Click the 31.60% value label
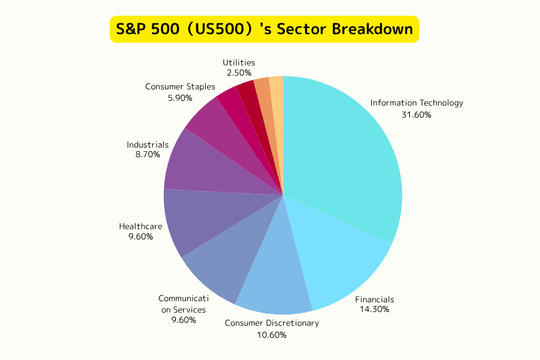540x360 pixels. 416,115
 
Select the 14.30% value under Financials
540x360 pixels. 374,310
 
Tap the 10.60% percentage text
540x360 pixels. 272,335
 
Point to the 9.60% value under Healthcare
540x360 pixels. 140,236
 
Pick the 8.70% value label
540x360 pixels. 148,155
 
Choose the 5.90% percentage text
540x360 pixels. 180,97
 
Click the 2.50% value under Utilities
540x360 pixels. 239,73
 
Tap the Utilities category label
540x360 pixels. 239,62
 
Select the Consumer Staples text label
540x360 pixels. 180,87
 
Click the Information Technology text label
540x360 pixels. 416,103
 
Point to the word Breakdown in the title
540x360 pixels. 374,29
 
